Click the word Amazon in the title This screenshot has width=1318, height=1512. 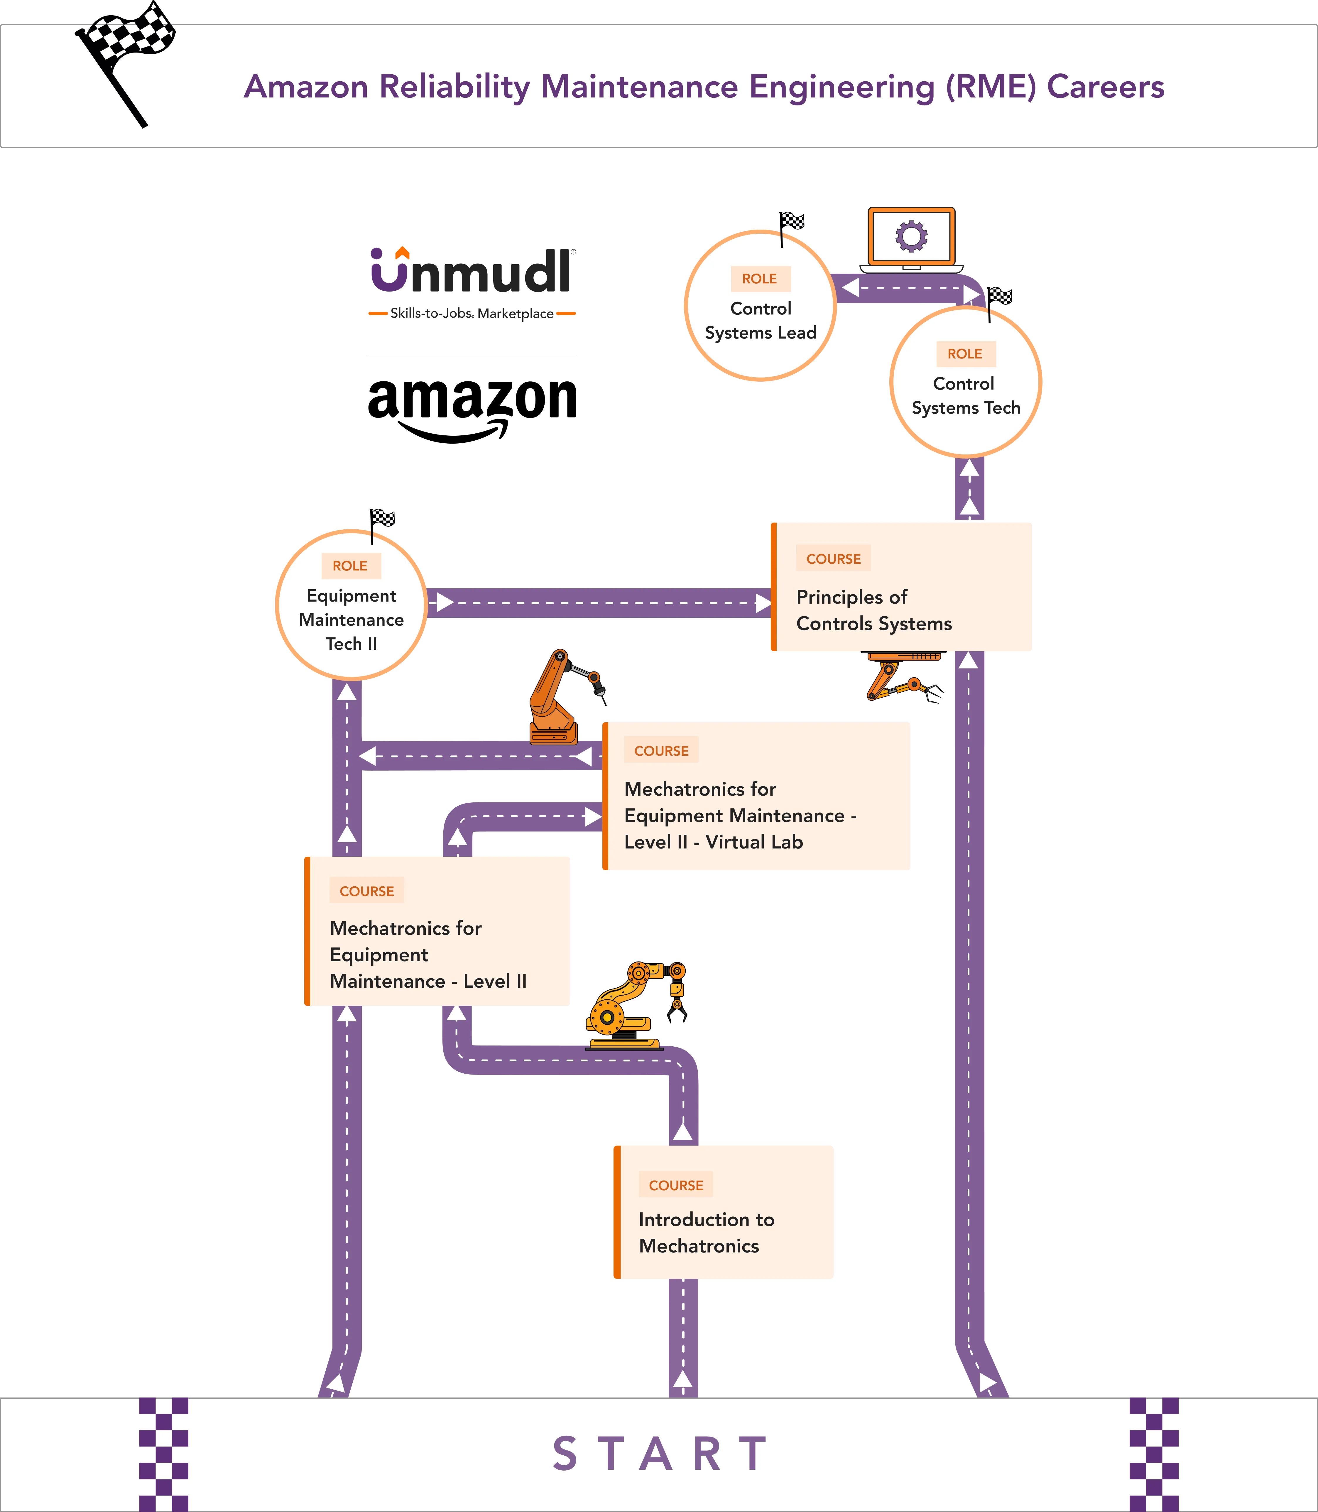[x=306, y=87]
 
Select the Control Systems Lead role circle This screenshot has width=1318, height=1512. [x=761, y=305]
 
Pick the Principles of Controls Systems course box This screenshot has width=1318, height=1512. [x=902, y=587]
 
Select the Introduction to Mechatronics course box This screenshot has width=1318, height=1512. [x=724, y=1212]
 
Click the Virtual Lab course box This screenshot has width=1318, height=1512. [x=756, y=796]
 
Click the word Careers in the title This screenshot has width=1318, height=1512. [x=1106, y=87]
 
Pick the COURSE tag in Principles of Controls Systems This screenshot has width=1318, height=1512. [x=833, y=558]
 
